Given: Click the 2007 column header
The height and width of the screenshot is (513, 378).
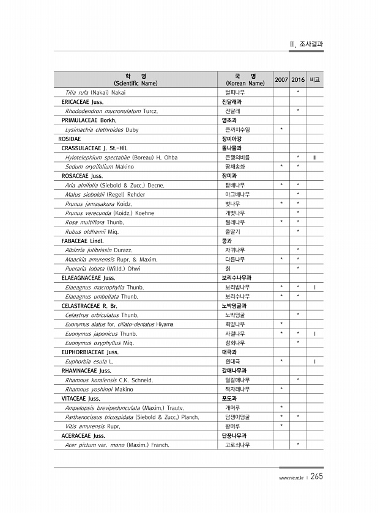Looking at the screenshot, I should click(281, 80).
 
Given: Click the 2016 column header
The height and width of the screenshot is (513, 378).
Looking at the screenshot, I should click(298, 80).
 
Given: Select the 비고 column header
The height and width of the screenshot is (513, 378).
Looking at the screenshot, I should click(315, 80).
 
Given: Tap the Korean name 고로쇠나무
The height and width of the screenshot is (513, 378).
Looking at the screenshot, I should click(237, 462).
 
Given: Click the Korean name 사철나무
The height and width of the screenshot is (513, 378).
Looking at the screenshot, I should click(235, 334).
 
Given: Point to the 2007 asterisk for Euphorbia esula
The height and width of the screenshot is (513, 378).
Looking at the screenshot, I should click(281, 362).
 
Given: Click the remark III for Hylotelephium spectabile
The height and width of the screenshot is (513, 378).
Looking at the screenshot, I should click(314, 158).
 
